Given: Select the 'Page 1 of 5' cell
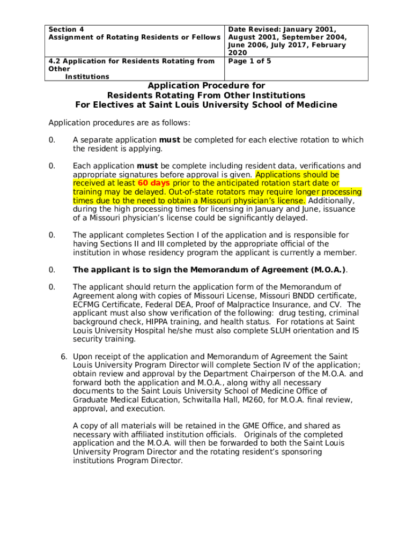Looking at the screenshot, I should (249, 61).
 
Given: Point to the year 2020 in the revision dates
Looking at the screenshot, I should (238, 53).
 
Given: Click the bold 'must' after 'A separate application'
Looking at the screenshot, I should (170, 140).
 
